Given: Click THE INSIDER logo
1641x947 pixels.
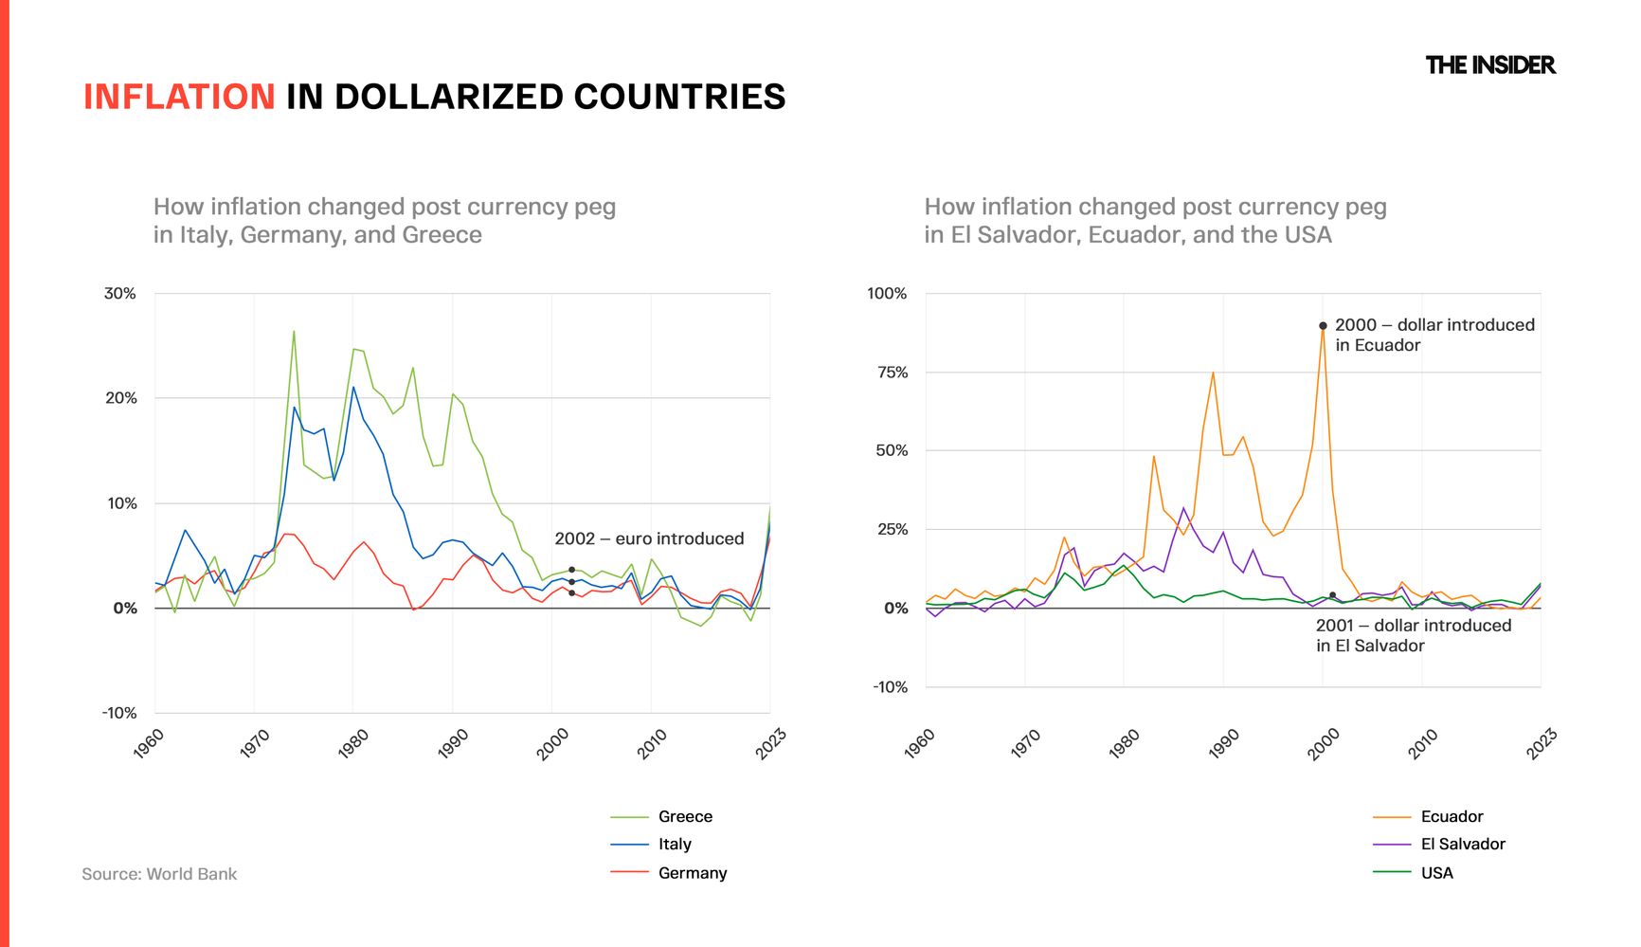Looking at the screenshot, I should (1489, 65).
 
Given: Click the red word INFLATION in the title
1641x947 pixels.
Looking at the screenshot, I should (179, 97).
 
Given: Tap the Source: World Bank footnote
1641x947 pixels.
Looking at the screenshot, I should (159, 874).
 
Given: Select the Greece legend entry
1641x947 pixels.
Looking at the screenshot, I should (684, 816).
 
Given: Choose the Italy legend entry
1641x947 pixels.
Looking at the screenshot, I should (675, 844).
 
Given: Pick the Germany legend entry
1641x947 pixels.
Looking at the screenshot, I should (692, 872).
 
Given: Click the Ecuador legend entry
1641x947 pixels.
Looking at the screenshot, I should (1452, 816).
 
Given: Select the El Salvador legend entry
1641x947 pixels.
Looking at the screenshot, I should (1462, 844).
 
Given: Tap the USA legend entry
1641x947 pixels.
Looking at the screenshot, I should (1436, 872).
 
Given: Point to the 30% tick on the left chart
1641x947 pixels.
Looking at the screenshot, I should (120, 294).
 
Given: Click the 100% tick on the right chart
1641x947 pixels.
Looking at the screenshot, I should (887, 294).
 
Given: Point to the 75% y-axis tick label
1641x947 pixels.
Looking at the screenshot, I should (892, 373).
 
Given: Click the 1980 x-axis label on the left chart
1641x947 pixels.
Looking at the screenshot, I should (354, 744).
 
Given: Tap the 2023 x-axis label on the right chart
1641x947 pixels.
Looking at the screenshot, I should (1541, 744).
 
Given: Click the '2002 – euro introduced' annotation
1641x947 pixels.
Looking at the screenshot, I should (649, 538).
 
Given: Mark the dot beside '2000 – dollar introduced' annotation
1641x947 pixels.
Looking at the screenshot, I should (1323, 326).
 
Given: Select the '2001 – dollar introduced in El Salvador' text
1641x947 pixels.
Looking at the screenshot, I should (1413, 635).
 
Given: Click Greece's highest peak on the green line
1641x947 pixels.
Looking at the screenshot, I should (294, 332).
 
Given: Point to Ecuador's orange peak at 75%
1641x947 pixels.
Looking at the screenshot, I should (1213, 373).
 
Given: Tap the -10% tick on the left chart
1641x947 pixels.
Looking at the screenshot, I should (119, 713).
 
